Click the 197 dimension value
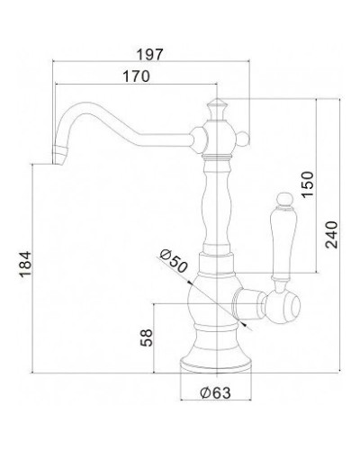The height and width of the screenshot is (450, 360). [x=149, y=55]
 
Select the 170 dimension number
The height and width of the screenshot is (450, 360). [x=136, y=76]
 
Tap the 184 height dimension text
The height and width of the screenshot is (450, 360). [x=26, y=264]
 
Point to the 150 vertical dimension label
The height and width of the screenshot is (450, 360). [x=308, y=184]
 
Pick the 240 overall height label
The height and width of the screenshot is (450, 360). [x=331, y=235]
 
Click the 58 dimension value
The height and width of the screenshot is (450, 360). [x=147, y=337]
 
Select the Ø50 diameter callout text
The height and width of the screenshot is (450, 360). [x=174, y=261]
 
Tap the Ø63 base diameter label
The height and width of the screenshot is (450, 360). [x=216, y=392]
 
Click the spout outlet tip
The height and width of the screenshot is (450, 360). [x=58, y=156]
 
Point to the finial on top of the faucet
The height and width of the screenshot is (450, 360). [x=217, y=109]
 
